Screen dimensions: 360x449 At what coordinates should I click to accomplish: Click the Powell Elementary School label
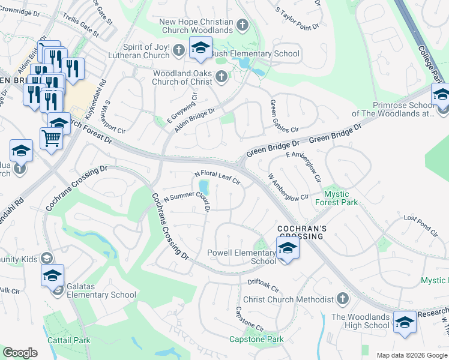(241, 256)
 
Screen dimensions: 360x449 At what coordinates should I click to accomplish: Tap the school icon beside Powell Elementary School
(288, 249)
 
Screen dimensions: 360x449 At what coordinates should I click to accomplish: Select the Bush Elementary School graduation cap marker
(200, 48)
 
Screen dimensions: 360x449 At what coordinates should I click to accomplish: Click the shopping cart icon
(52, 139)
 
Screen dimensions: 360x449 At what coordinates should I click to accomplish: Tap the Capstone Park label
(256, 340)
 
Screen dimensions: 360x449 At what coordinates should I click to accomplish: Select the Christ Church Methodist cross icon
(342, 299)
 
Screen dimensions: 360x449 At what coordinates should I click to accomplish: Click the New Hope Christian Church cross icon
(242, 25)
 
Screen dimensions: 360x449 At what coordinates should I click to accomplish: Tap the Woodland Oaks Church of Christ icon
(221, 76)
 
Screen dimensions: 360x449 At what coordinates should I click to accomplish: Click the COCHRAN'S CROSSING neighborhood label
(301, 233)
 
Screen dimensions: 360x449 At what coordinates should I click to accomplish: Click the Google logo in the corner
(20, 353)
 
